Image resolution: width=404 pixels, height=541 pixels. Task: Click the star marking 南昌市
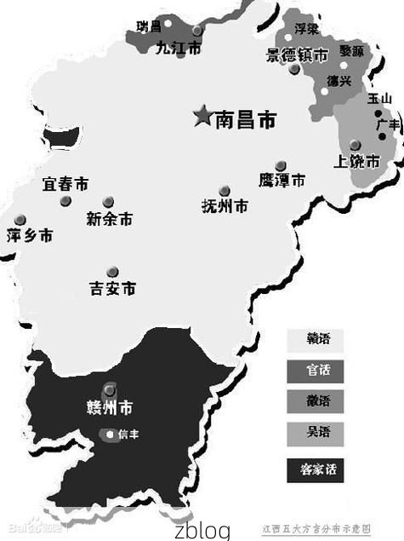[202, 116]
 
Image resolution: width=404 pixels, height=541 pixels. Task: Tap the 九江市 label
[179, 49]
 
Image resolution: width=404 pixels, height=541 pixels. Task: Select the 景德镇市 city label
[297, 55]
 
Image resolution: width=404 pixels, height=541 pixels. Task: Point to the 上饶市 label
[356, 160]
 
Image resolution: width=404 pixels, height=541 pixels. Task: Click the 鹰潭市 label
[282, 180]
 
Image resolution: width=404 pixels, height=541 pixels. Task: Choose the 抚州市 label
[225, 206]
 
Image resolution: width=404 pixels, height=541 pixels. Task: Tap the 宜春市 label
[65, 184]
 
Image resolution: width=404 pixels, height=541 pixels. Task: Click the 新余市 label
[110, 218]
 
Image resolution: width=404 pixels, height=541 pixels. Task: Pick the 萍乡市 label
[29, 234]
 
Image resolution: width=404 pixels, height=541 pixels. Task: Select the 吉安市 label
[113, 288]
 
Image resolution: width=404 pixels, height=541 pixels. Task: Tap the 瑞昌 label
[149, 26]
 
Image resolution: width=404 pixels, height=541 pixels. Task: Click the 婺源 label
[352, 51]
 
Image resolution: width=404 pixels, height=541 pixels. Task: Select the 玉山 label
[379, 99]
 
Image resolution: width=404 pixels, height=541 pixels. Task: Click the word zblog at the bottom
[202, 530]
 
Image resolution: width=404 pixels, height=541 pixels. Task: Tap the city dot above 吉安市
[112, 271]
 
